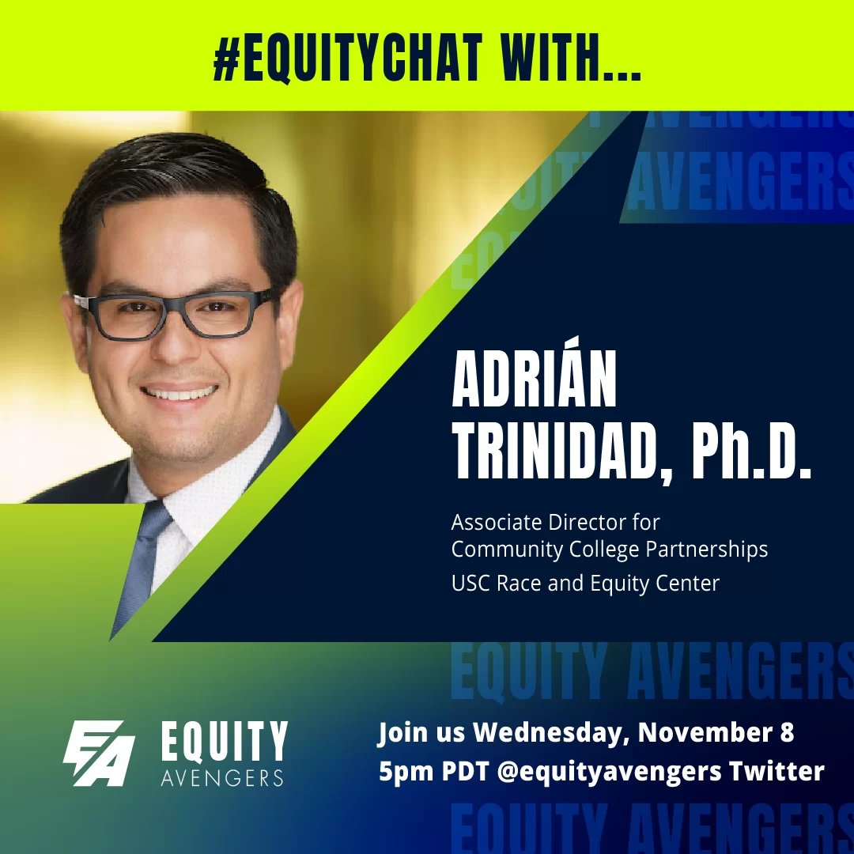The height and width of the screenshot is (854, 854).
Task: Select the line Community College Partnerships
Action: pyautogui.click(x=609, y=549)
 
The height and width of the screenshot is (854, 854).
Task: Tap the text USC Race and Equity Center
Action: pyautogui.click(x=585, y=584)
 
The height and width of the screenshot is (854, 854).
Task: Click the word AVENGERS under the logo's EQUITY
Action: pyautogui.click(x=222, y=778)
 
